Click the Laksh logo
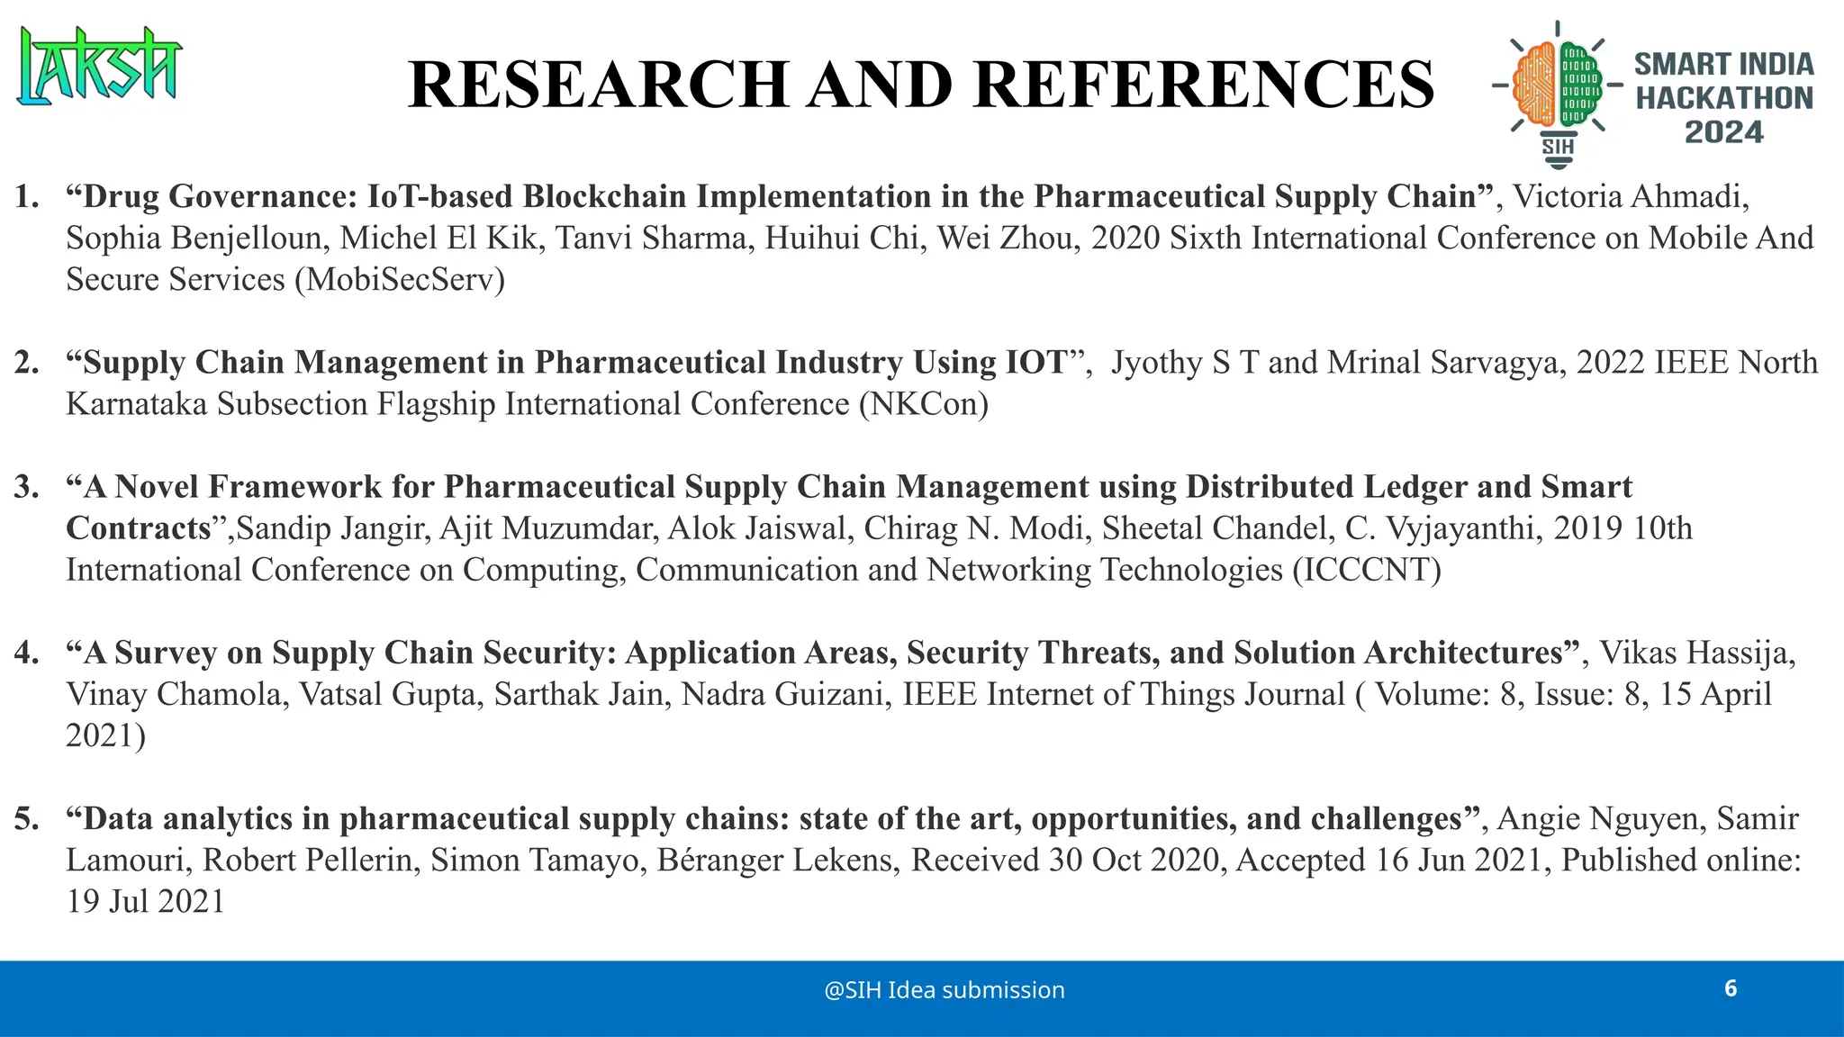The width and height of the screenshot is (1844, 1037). pos(99,65)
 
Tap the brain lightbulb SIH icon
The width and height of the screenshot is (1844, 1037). pos(1557,94)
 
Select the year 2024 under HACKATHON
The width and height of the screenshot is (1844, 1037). pos(1723,133)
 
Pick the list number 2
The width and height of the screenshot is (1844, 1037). pos(26,363)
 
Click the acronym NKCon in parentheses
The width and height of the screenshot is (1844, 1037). pos(924,404)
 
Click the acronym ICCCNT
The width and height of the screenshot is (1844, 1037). pos(1367,570)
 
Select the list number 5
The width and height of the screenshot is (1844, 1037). pos(26,819)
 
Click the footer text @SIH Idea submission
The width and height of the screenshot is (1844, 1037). pos(944,990)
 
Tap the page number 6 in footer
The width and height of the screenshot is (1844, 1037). pos(1730,988)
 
